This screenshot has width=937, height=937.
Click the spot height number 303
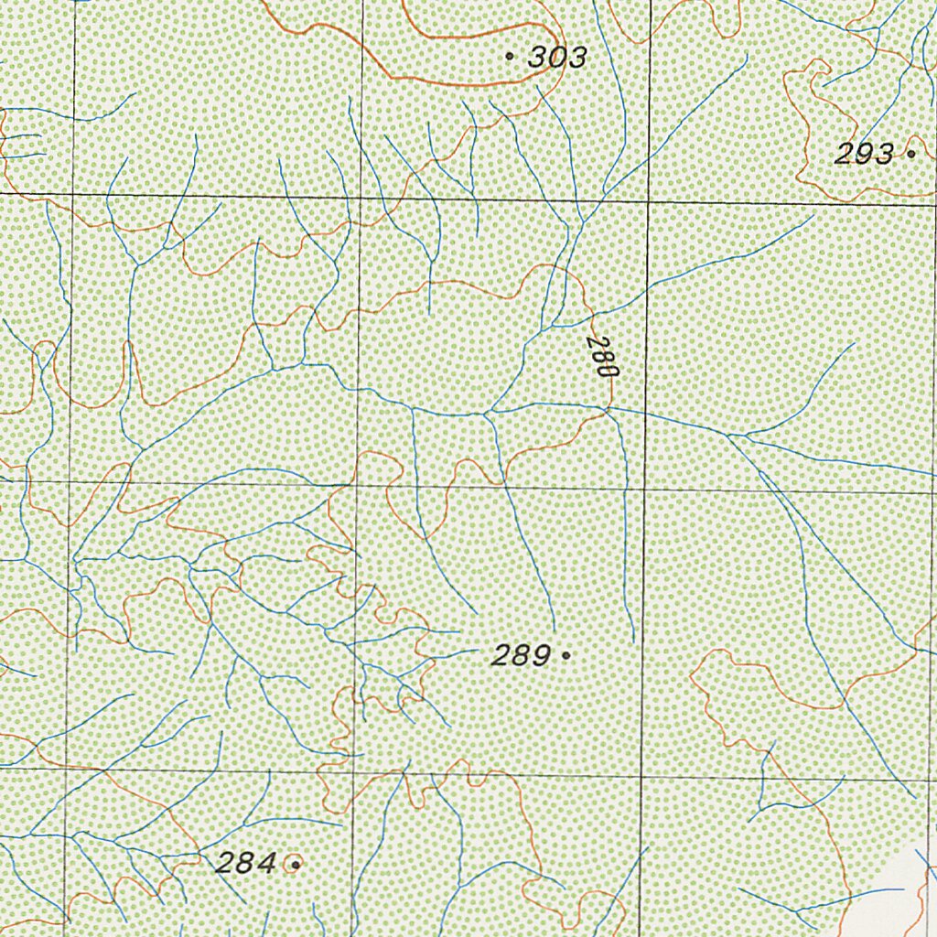tap(557, 58)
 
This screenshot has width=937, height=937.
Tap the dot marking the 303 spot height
tap(510, 56)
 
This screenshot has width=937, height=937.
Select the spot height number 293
tap(864, 155)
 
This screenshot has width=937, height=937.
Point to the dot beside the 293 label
tap(910, 154)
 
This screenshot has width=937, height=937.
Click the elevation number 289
tap(521, 655)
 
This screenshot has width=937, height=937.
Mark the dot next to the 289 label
tap(566, 655)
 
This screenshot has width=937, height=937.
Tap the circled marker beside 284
tap(295, 862)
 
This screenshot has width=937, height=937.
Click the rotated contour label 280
tap(603, 358)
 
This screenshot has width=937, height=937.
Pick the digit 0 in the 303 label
tap(557, 58)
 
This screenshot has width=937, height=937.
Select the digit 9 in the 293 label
tap(864, 155)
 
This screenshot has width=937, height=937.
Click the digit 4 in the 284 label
tap(266, 862)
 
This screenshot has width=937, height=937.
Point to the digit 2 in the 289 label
tap(501, 655)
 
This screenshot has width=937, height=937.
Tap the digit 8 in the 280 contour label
tap(603, 358)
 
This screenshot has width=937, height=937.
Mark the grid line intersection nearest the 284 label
tap(350, 773)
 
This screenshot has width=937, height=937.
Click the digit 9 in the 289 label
tap(541, 655)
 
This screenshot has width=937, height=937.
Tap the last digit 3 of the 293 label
tap(883, 155)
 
